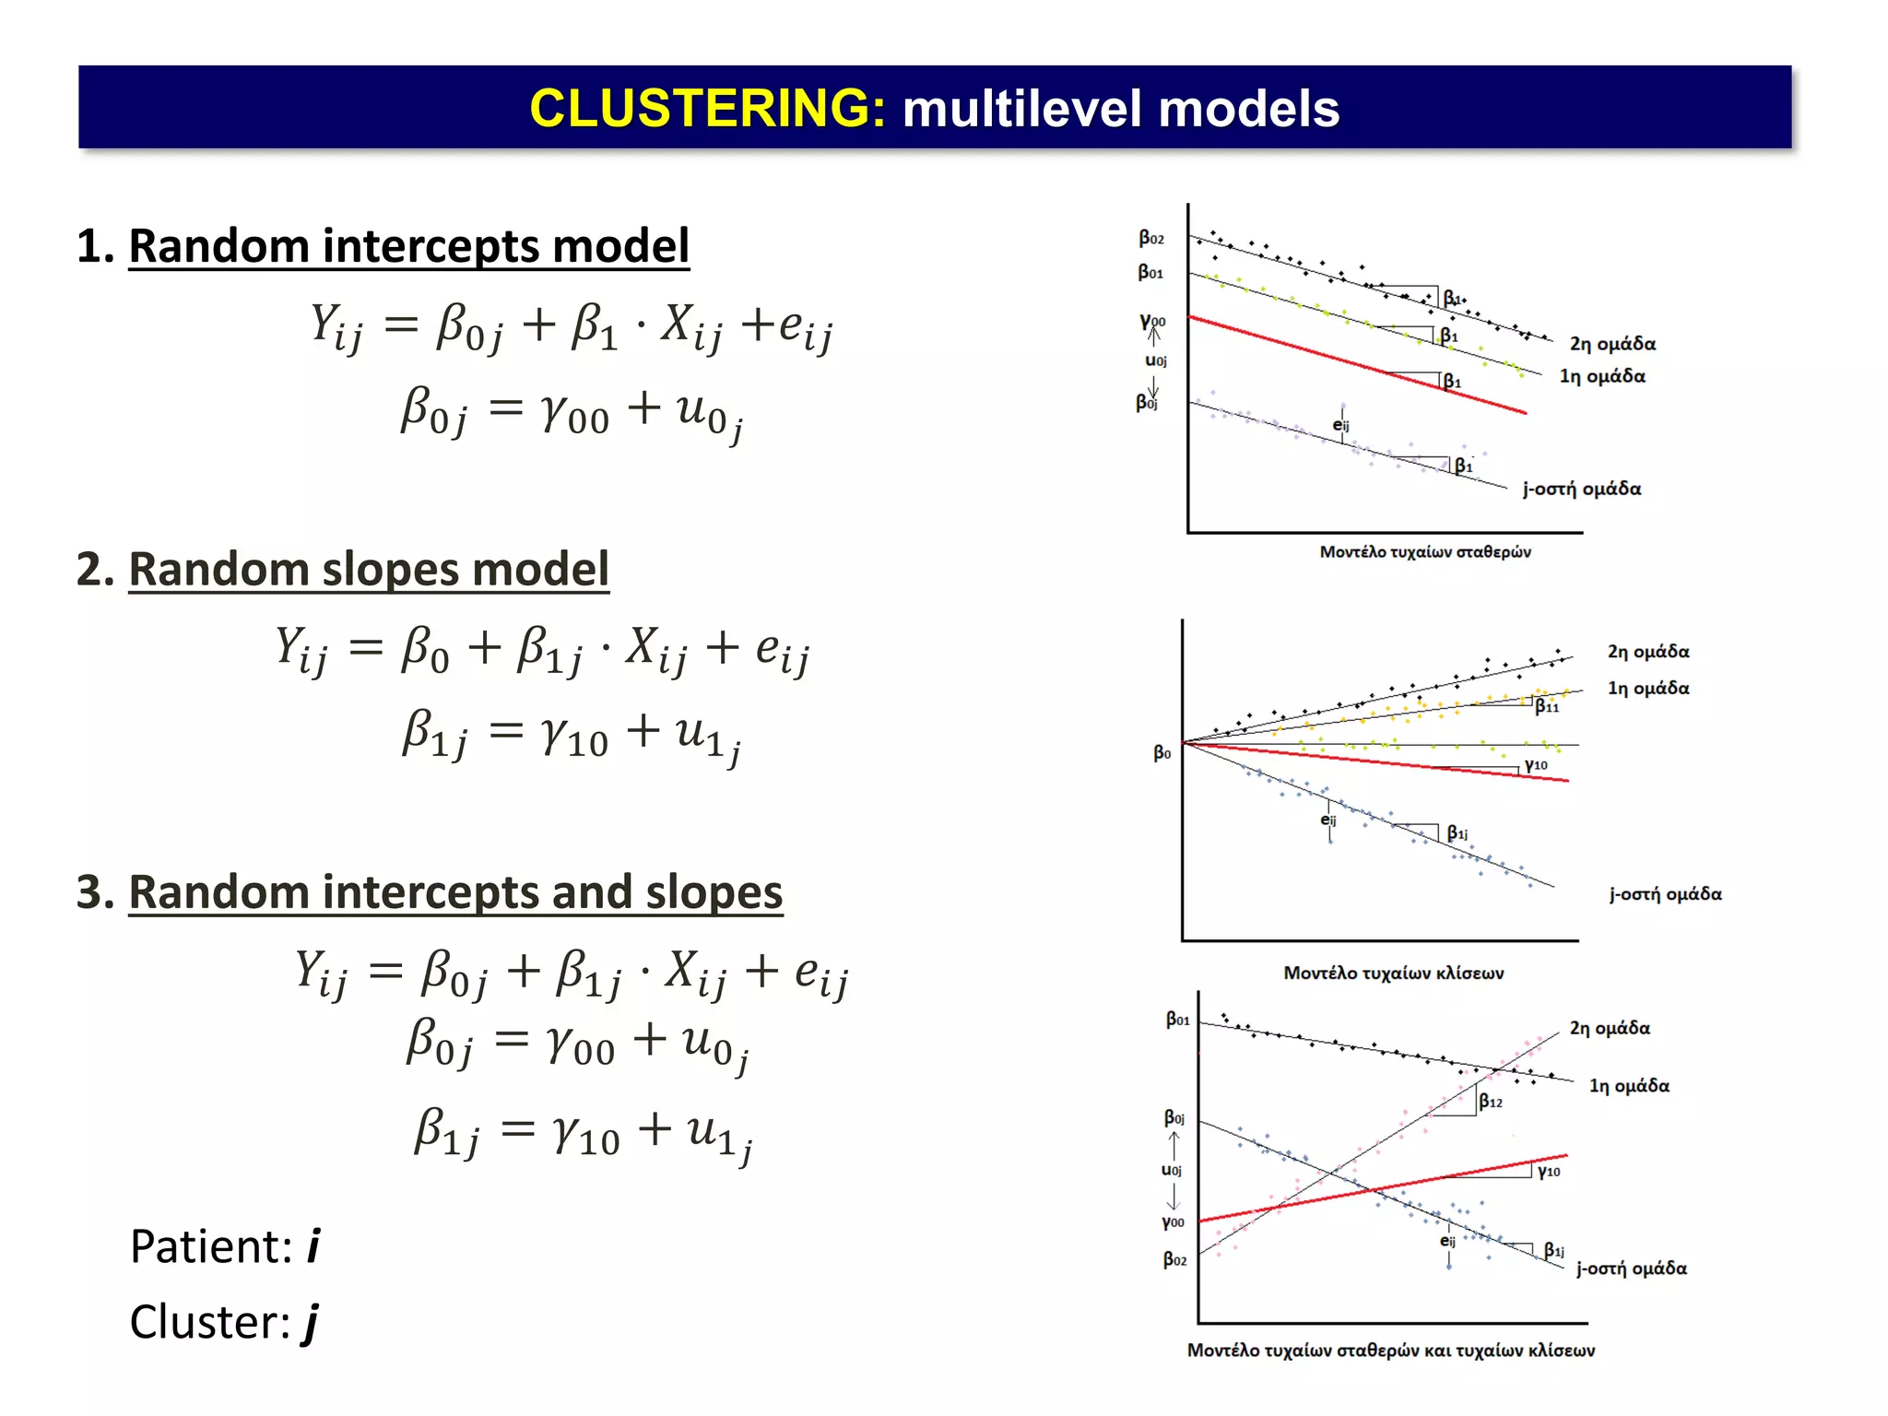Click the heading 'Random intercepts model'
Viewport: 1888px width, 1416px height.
[x=408, y=246]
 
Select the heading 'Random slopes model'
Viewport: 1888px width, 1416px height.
[x=369, y=569]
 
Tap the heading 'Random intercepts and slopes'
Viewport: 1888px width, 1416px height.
[x=455, y=892]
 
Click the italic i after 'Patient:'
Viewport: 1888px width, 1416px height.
[x=313, y=1246]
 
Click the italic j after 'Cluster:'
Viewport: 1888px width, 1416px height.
[x=311, y=1323]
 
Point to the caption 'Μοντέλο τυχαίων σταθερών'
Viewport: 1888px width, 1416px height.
[x=1424, y=552]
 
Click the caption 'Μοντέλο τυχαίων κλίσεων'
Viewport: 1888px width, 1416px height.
[x=1393, y=973]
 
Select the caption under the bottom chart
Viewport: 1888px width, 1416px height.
[x=1390, y=1351]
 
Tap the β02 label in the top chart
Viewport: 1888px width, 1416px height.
[x=1151, y=239]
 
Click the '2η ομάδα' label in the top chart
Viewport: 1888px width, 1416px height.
[x=1612, y=344]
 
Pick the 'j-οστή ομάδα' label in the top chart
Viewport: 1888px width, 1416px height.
[x=1581, y=489]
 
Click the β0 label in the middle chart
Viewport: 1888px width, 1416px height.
[x=1162, y=753]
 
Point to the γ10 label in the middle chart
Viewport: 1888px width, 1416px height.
[x=1536, y=765]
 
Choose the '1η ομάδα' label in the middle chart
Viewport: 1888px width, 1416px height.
[x=1648, y=688]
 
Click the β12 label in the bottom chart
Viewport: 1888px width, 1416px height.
[x=1491, y=1102]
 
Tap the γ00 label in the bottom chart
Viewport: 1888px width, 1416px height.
[x=1173, y=1222]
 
